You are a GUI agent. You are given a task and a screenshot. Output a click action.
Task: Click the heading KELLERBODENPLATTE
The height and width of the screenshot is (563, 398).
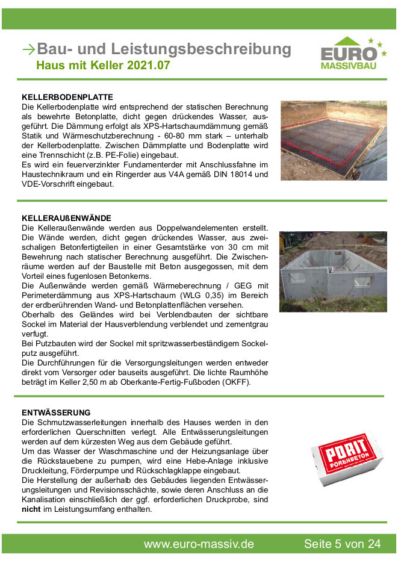pos(67,97)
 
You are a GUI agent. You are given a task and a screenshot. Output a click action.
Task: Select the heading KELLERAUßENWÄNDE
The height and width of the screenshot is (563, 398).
pos(66,217)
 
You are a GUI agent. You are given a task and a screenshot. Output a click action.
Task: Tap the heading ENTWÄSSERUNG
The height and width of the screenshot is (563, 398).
pos(56,412)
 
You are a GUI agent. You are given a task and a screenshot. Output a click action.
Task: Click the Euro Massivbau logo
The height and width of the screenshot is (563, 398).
pos(352,54)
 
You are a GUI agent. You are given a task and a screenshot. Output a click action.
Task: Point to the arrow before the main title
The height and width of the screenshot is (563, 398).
pos(28,49)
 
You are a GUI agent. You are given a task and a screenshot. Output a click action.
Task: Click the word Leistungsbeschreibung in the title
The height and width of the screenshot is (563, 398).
pos(199,49)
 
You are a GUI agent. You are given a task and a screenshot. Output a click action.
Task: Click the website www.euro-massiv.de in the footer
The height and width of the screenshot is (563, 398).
pos(199,544)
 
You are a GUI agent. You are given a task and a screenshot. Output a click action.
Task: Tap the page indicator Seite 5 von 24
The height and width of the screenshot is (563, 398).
pos(342,544)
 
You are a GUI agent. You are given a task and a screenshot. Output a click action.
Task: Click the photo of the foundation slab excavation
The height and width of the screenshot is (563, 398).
pos(333,140)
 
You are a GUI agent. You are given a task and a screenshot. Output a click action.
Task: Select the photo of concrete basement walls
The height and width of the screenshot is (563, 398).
pos(333,272)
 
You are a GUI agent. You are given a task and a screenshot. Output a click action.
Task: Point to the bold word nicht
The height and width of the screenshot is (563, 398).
pos(31,509)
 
